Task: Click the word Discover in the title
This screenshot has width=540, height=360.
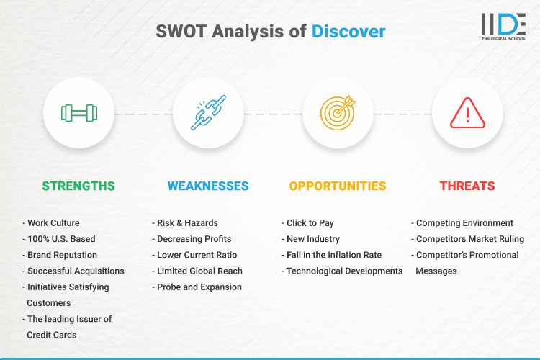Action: point(348,31)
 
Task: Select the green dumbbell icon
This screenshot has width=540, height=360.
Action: point(78,113)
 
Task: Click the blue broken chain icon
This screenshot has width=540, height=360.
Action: point(208,113)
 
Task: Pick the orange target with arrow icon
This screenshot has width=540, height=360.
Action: point(338,113)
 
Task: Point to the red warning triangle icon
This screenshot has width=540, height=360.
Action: point(467,113)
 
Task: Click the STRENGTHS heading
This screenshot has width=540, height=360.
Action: point(78,186)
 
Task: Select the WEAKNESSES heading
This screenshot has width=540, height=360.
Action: point(208,186)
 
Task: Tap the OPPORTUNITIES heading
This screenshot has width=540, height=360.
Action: point(338,186)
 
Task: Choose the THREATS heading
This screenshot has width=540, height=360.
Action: point(467,186)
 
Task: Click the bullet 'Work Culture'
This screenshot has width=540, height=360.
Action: point(53,223)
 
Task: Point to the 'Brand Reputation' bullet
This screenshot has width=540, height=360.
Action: point(62,255)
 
